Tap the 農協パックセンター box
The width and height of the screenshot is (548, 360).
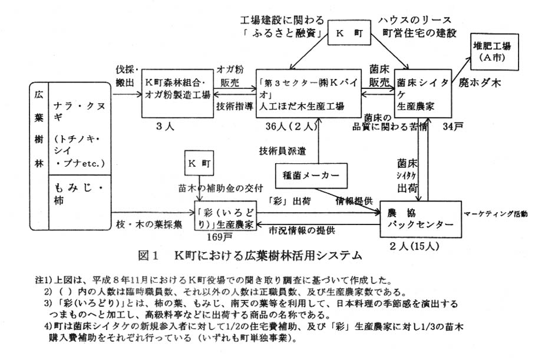[420, 219]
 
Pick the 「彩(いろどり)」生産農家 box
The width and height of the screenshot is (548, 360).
[226, 218]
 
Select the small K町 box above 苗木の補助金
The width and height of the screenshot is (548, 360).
[199, 160]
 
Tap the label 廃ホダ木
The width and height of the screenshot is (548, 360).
[480, 84]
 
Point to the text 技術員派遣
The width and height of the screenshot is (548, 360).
[283, 151]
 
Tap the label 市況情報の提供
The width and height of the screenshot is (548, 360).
[302, 230]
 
